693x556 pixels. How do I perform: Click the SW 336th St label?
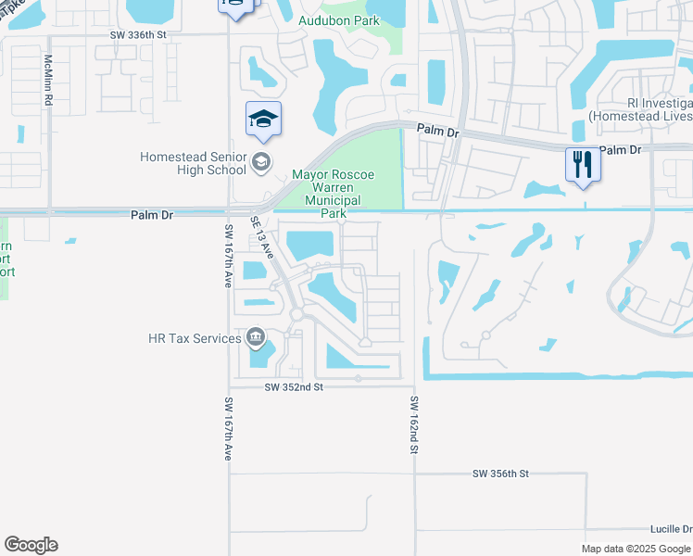(140, 34)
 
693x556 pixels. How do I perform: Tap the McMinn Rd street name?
(48, 78)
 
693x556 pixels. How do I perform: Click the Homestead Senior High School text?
(193, 163)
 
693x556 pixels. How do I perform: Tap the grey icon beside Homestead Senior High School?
(261, 163)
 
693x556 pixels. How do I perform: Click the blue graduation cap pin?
(263, 120)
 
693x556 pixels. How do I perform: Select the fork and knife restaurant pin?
(583, 165)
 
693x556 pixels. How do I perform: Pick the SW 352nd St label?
(293, 387)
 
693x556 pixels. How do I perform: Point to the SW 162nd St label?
(416, 424)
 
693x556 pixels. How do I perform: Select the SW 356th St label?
(500, 474)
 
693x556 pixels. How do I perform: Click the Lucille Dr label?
(672, 528)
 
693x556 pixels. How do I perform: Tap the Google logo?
(31, 545)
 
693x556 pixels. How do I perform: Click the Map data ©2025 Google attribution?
(635, 549)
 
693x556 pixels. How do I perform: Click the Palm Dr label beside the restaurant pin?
(621, 149)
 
